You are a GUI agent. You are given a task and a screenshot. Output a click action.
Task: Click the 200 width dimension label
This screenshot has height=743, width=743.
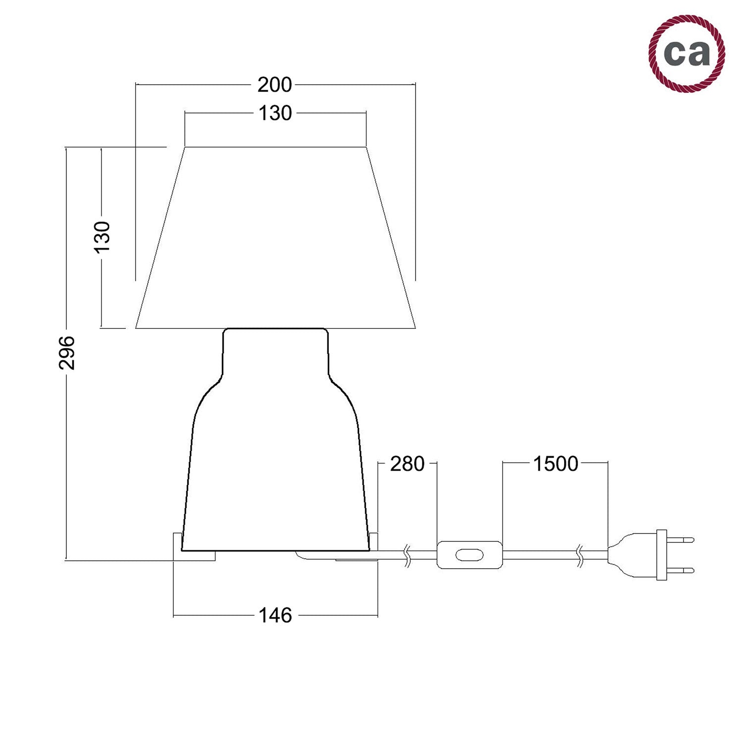point(274,85)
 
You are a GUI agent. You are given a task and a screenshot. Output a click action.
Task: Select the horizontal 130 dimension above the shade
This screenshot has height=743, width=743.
point(275,113)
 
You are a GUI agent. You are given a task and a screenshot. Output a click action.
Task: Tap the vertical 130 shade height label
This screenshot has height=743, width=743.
point(102,237)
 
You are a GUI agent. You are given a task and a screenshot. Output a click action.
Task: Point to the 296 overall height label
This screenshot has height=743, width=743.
point(67,353)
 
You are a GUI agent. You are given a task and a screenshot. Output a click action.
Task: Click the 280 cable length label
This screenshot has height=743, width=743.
point(407,464)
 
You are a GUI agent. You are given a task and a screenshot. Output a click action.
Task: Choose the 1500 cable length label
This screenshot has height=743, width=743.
point(555,464)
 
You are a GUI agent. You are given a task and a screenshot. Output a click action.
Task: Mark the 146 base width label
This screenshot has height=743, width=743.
point(275,616)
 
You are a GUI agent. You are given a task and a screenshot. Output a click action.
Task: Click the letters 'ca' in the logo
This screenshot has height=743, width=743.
point(687,53)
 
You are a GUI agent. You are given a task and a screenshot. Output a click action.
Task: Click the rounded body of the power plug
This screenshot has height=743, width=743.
point(632,555)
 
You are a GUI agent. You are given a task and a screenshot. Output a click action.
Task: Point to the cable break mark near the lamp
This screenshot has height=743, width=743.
point(407,555)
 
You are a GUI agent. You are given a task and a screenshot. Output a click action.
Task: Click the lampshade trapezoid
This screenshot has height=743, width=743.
point(275,238)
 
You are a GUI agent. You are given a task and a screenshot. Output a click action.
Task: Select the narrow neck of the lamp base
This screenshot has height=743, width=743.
point(275,352)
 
